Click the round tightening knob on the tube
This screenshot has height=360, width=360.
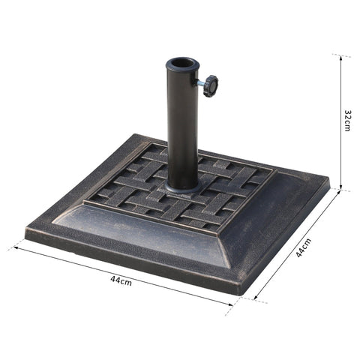pyautogui.click(x=210, y=85)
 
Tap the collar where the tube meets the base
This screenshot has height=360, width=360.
pyautogui.click(x=182, y=181)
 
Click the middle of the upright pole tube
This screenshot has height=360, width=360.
pyautogui.click(x=181, y=124)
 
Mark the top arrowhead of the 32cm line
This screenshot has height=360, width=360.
pyautogui.click(x=341, y=58)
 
